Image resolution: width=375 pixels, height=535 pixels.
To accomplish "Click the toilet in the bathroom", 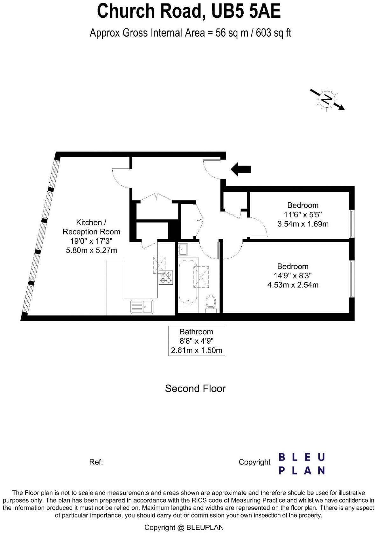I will coord(211,302).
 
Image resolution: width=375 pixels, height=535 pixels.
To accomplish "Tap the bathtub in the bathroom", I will coord(188,282).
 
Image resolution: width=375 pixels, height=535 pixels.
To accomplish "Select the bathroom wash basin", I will coord(183,249).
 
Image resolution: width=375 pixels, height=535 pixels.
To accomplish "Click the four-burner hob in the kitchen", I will coord(166,277).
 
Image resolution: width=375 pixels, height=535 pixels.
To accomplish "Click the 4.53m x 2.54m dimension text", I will coord(293,285).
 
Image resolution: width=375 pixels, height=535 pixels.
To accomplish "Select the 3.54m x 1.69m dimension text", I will coord(303,224).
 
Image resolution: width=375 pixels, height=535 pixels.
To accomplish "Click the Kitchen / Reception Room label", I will coord(91,227).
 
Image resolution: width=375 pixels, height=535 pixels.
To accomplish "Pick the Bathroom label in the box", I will coord(196,332).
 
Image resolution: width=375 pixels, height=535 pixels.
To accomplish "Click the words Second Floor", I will coord(195,389).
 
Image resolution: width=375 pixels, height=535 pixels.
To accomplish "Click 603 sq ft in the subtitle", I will coord(273,33).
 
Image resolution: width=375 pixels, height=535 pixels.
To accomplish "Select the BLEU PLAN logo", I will coord(302,464).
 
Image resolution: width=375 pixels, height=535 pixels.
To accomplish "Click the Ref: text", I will coord(96,462).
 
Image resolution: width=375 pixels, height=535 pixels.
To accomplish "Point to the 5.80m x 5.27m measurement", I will coord(91,250).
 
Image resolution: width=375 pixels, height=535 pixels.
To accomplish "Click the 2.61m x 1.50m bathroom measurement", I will coord(196,351).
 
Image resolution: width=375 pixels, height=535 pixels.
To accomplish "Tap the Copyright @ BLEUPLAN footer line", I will coord(184,527).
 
